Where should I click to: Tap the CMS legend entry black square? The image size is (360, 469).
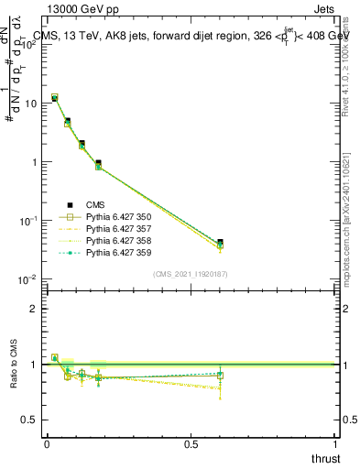coord(69,204)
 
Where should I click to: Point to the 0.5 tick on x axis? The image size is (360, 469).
coord(191,445)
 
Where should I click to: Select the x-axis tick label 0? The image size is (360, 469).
coord(47,445)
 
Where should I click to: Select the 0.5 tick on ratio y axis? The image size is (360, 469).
coord(32,420)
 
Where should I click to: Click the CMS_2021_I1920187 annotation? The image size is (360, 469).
coord(191,274)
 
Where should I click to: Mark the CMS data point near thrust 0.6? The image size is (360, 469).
coord(220,242)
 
